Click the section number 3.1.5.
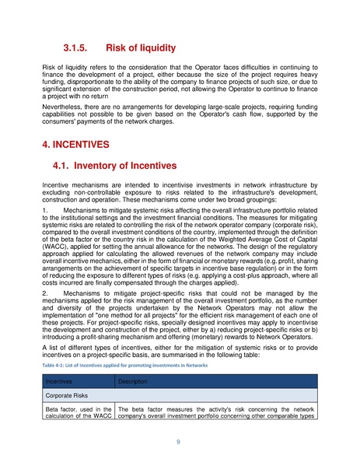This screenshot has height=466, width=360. pos(82,47)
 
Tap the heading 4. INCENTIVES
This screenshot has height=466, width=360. pos(76,145)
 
